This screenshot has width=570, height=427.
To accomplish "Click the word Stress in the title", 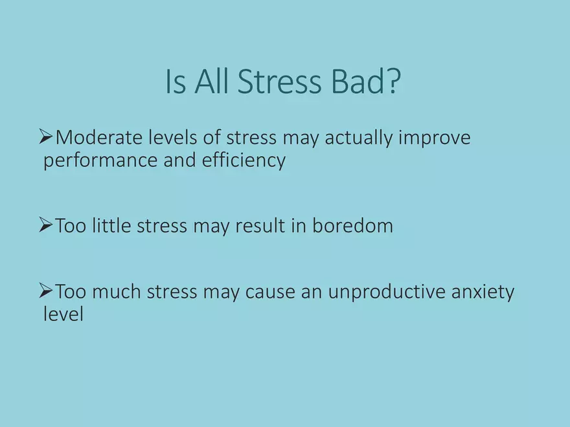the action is [280, 81].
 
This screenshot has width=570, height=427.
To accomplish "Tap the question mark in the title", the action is [393, 81].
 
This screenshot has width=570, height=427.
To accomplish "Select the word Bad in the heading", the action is [358, 81].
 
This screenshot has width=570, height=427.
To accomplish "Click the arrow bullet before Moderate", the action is [46, 137].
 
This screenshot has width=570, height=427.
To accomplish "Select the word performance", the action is [100, 161].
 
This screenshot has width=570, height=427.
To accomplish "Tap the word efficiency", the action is [244, 160].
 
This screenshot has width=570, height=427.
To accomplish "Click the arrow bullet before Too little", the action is [46, 224].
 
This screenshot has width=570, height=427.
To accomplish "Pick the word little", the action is [111, 226].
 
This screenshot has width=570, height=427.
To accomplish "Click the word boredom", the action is [352, 226].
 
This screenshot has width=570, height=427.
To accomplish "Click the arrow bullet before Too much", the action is [46, 291].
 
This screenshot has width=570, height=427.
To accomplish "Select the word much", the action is [117, 292].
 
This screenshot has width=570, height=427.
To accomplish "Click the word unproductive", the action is [387, 292].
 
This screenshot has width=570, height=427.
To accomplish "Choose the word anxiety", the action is [483, 292].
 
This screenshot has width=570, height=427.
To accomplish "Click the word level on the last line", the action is [63, 314].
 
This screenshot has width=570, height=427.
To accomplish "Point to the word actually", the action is [359, 138].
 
